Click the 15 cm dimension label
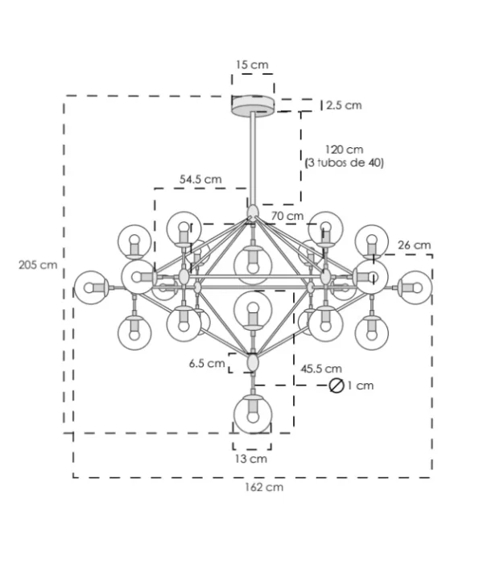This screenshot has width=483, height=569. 252,64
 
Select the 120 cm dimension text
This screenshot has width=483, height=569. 344,150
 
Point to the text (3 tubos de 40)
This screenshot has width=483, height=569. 345,163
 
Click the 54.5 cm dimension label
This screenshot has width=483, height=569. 200,179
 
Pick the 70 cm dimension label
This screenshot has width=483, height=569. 287,216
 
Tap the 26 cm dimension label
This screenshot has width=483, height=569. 414,245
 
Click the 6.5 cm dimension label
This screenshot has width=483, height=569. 207,364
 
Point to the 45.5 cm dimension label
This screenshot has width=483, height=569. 321,369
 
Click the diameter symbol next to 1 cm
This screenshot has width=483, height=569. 336,386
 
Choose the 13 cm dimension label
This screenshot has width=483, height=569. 252,459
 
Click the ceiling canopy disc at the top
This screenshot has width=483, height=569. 253,105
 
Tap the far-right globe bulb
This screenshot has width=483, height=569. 415,286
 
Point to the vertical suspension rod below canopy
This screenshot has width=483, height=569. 254,157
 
